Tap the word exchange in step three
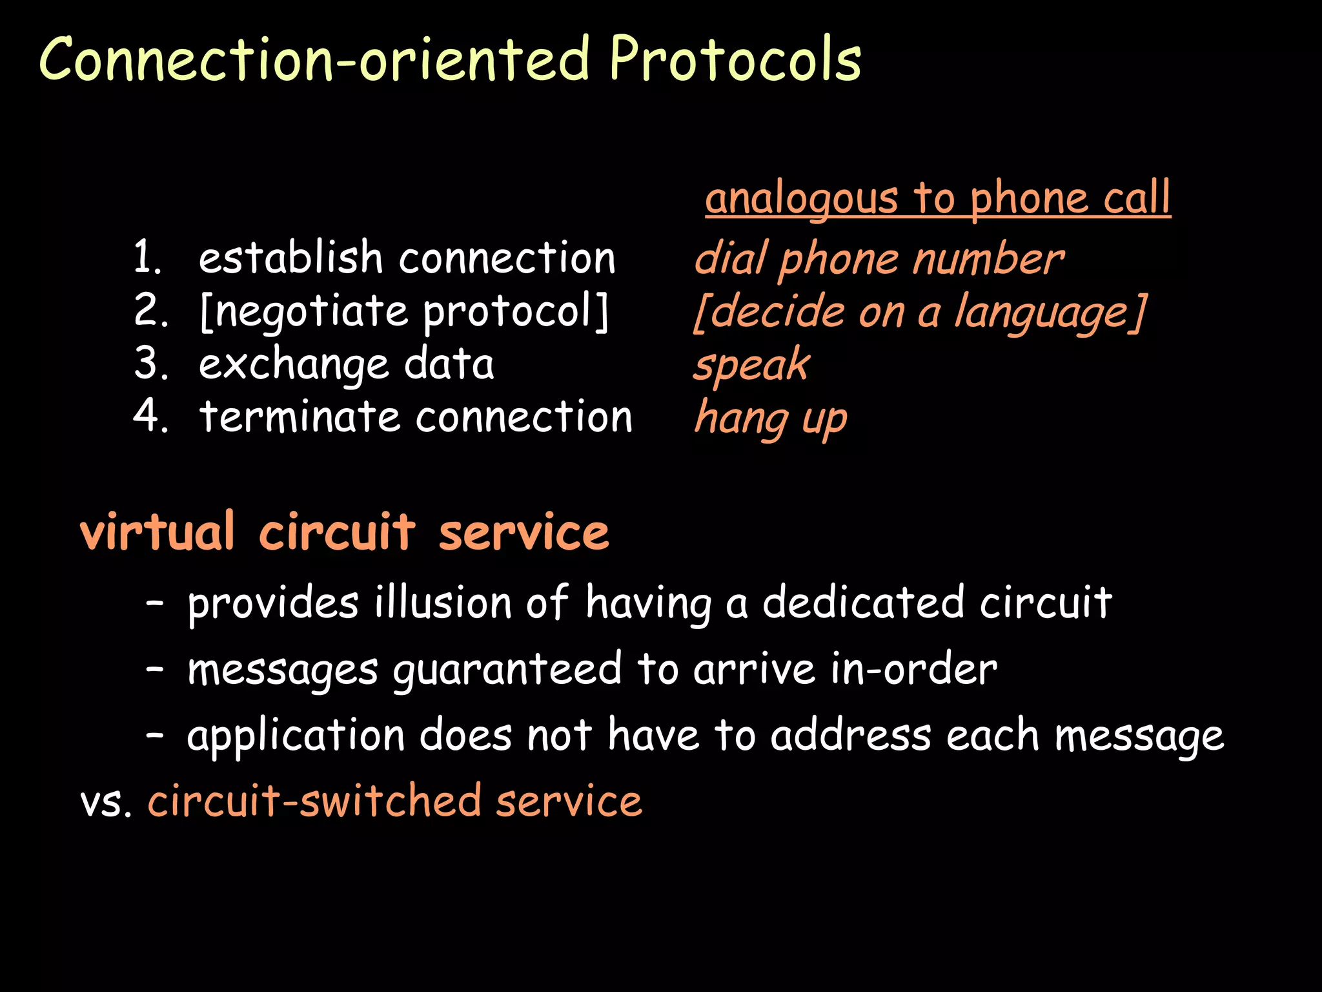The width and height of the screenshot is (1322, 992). click(293, 365)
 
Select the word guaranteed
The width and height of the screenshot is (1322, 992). click(507, 670)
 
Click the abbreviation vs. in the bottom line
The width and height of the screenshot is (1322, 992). click(106, 801)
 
